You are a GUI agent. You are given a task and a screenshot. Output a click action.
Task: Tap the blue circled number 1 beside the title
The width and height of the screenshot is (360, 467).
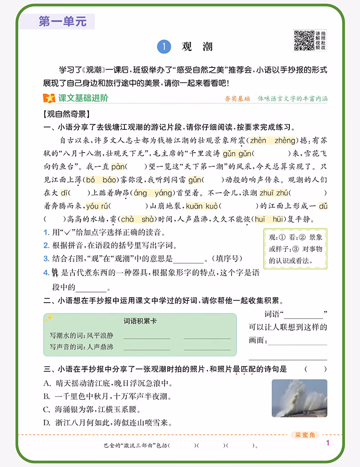[x=163, y=46]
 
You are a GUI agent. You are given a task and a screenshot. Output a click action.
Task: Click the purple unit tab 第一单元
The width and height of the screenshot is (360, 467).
[x=62, y=21]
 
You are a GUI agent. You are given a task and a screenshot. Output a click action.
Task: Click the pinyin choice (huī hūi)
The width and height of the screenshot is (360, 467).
[x=269, y=219]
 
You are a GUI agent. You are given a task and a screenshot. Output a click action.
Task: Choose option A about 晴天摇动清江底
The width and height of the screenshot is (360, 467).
[x=107, y=383]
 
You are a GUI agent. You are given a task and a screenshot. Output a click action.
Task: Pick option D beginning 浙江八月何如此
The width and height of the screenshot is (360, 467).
[x=107, y=423]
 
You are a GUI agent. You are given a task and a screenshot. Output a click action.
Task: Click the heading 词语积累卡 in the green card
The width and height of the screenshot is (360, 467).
[x=140, y=321]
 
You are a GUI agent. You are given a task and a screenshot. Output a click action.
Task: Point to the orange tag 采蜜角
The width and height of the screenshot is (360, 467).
[x=305, y=435]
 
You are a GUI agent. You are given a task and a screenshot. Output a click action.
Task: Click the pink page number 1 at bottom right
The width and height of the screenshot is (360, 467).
[x=328, y=443]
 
